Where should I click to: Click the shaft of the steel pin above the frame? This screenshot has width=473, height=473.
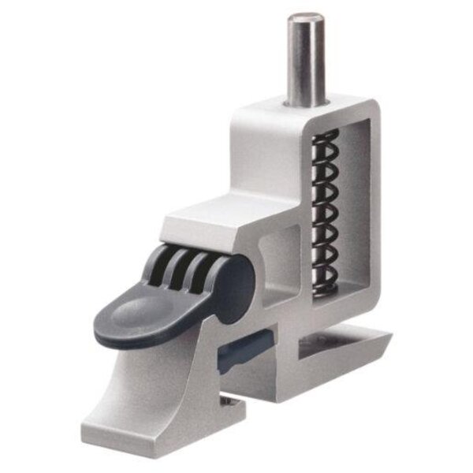[x=305, y=63]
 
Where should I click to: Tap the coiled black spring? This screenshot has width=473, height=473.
[x=324, y=213]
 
